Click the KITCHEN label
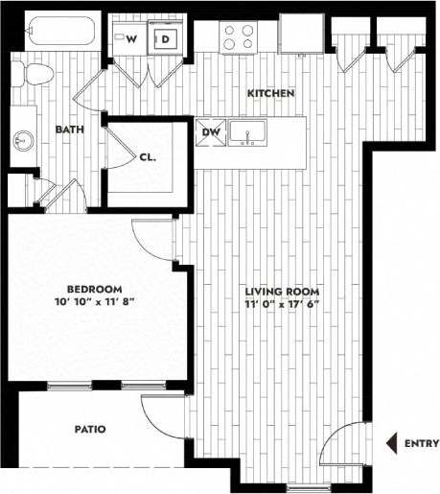(x=270, y=93)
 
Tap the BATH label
(x=67, y=129)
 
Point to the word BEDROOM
(x=94, y=289)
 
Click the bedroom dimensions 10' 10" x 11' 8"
(x=94, y=301)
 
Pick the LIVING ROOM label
(x=281, y=291)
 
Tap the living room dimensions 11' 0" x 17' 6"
(x=281, y=303)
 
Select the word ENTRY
(x=422, y=443)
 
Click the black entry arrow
(x=390, y=443)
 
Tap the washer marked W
(x=130, y=38)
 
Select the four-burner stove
(x=238, y=36)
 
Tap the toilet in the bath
(x=36, y=74)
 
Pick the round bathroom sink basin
(x=21, y=141)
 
